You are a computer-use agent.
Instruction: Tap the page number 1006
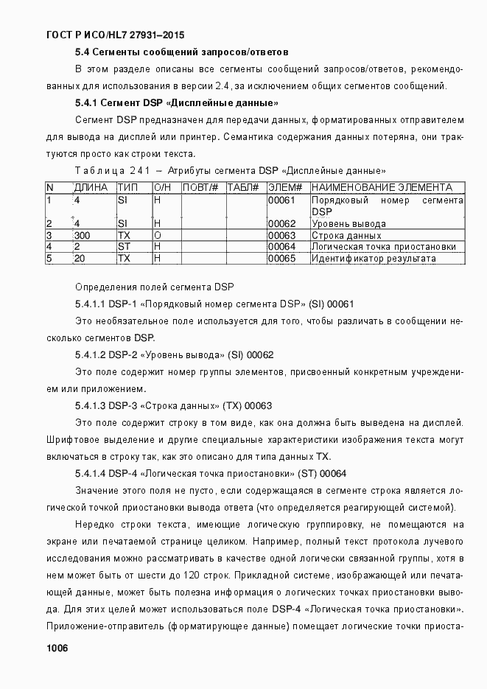(x=57, y=648)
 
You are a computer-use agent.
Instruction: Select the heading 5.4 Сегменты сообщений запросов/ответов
(x=181, y=52)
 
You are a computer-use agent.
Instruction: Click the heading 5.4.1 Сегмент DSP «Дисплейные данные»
(x=177, y=102)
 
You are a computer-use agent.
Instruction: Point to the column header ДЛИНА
(x=91, y=188)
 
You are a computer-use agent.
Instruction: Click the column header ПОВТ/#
(x=200, y=188)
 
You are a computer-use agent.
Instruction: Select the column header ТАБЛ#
(x=242, y=188)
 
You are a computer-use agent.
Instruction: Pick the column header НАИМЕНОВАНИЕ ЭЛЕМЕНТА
(x=382, y=188)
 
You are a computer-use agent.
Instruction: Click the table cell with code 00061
(x=281, y=200)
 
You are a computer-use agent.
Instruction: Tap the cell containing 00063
(x=281, y=235)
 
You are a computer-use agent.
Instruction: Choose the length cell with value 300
(x=82, y=235)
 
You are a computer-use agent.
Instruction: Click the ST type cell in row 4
(x=124, y=247)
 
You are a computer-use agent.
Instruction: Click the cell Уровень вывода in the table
(x=348, y=223)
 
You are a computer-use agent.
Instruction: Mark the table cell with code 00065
(x=281, y=259)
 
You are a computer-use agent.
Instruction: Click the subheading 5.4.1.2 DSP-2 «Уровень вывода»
(x=174, y=354)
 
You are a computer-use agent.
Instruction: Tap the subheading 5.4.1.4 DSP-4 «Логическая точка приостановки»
(x=211, y=473)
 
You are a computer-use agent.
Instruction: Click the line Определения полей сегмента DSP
(x=154, y=286)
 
